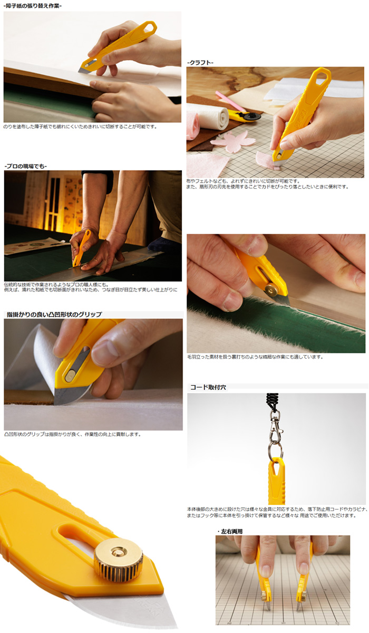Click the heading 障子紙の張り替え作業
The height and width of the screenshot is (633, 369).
(32, 5)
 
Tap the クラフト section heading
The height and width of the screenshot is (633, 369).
(200, 62)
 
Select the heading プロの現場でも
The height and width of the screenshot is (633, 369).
(25, 166)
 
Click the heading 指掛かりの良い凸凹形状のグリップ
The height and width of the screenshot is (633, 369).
(54, 314)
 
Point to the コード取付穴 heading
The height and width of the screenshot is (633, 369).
(208, 387)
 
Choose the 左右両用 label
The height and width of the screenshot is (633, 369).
(230, 532)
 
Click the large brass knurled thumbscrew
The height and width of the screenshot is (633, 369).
(119, 555)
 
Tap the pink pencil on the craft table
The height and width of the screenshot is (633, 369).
(227, 100)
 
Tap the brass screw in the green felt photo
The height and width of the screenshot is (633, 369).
(273, 290)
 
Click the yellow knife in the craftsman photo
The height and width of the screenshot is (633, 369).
(81, 248)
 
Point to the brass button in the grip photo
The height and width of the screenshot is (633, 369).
(70, 376)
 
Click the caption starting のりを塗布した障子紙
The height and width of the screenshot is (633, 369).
(80, 127)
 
